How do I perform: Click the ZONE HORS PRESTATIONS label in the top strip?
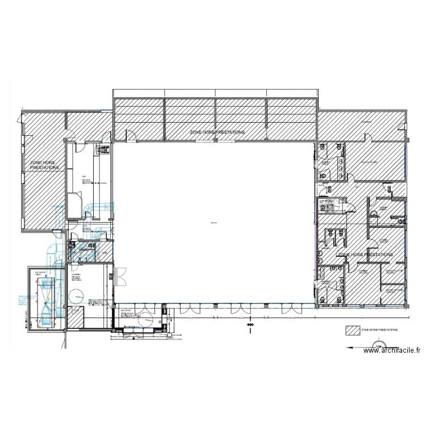(x=218, y=132)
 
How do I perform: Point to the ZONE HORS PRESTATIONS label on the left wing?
(x=44, y=165)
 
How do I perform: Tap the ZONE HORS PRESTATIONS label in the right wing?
(x=365, y=255)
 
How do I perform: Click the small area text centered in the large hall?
(x=213, y=222)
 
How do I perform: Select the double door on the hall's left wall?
(x=119, y=277)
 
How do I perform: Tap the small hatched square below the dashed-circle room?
(x=76, y=318)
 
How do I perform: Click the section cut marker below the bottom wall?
(x=250, y=325)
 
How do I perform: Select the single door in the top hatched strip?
(x=130, y=135)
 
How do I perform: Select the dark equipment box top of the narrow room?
(x=104, y=149)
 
